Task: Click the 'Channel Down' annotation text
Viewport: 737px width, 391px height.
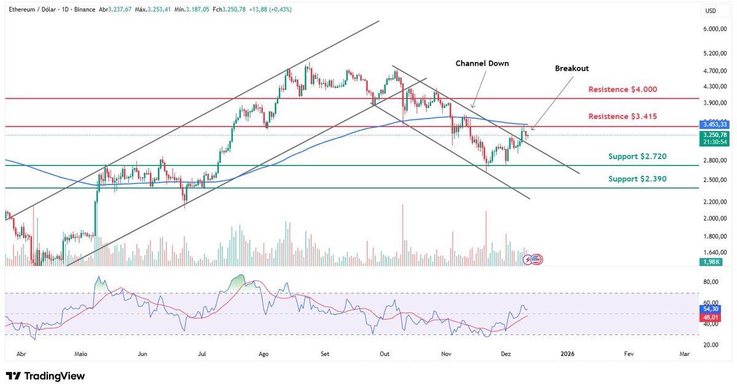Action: point(482,63)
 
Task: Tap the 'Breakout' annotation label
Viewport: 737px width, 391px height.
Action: point(572,69)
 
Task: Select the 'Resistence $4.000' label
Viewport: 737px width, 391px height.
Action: point(622,90)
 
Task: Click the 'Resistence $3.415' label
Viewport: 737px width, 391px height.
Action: point(622,117)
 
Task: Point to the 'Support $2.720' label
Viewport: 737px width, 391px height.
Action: point(637,157)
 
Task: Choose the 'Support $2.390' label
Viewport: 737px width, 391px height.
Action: point(637,179)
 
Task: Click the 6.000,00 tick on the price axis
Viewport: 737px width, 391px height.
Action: point(714,29)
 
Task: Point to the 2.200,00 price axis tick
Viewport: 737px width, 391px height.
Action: point(714,202)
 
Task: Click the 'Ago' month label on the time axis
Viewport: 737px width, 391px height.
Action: point(263,355)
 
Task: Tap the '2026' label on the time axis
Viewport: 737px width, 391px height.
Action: point(568,355)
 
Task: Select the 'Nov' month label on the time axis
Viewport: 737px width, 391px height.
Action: point(446,355)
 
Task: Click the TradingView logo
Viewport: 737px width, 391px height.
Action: point(45,376)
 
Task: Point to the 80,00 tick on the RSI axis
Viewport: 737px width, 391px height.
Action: point(711,282)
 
